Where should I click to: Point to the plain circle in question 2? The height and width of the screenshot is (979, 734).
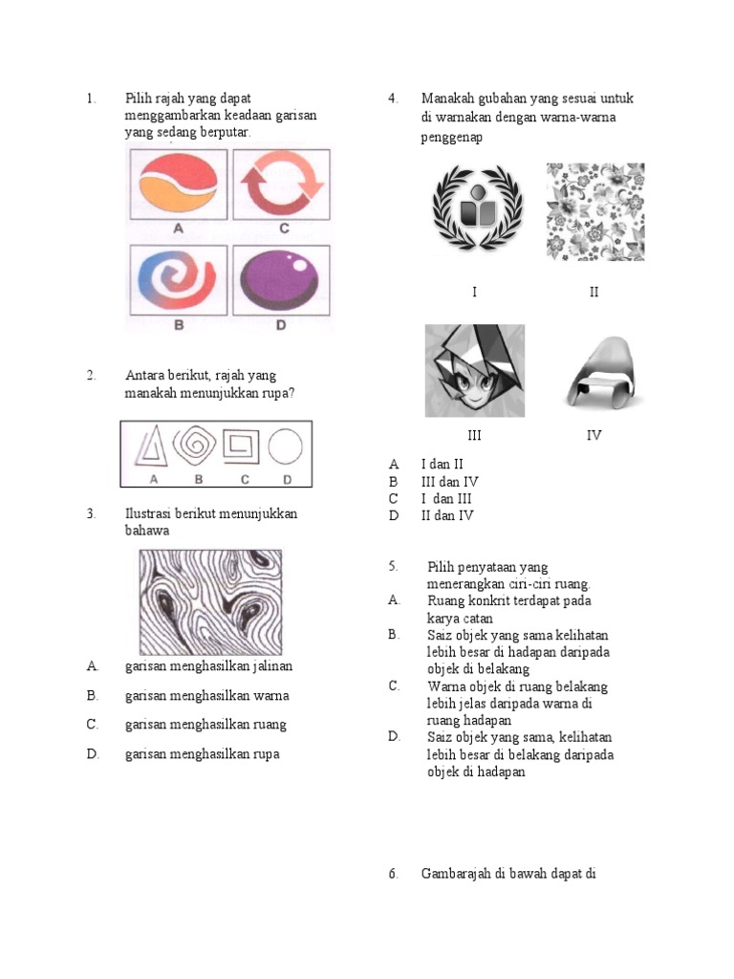point(285,446)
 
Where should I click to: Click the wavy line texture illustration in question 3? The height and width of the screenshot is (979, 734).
point(211,601)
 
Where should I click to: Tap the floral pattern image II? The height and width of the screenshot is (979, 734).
point(595,212)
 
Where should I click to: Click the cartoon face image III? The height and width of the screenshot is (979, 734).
point(475,370)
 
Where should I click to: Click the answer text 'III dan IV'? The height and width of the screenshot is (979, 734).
point(449,481)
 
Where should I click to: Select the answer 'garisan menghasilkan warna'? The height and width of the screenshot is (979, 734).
point(206,695)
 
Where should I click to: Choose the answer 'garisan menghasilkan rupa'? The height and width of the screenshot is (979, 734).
point(202,754)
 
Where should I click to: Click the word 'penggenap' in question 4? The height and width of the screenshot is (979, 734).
point(451,138)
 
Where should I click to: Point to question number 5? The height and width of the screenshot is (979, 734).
point(393,566)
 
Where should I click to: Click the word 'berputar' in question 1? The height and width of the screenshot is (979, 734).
point(226,132)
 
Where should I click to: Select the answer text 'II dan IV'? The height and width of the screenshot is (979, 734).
point(447,515)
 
